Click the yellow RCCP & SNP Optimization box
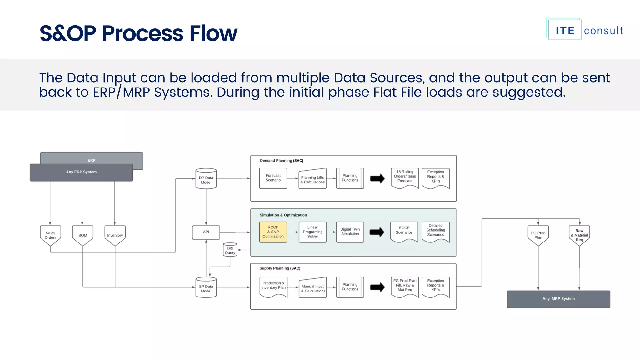[x=273, y=232]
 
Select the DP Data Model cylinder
[x=206, y=179]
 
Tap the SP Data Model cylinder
[x=206, y=288]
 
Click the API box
[x=206, y=232]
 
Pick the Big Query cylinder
[x=230, y=250]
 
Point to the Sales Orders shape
[x=50, y=235]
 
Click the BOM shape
[x=82, y=235]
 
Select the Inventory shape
[x=115, y=235]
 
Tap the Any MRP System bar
[x=558, y=299]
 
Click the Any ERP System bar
[x=81, y=172]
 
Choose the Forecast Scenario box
[x=273, y=178]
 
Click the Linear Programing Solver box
[x=312, y=232]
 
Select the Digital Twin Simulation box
[x=350, y=232]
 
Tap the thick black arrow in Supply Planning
[x=377, y=287]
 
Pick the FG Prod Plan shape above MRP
[x=538, y=235]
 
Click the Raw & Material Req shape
[x=579, y=235]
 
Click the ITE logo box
[x=565, y=30]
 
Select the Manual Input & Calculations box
[x=313, y=288]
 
